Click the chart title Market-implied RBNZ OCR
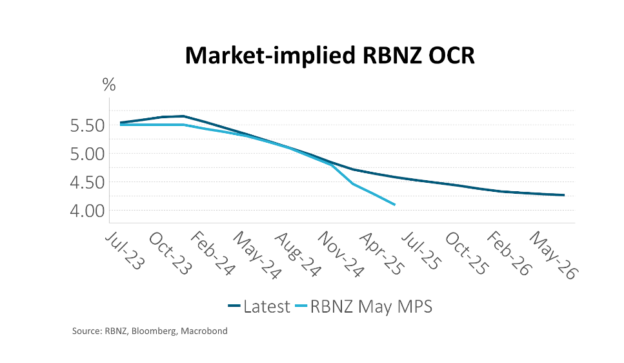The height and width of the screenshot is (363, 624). tap(330, 56)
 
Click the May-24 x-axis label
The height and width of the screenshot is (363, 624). tap(257, 256)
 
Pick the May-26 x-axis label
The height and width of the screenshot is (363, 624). tap(553, 256)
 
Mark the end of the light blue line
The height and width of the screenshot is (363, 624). tap(394, 205)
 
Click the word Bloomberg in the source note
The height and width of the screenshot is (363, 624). tap(159, 331)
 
